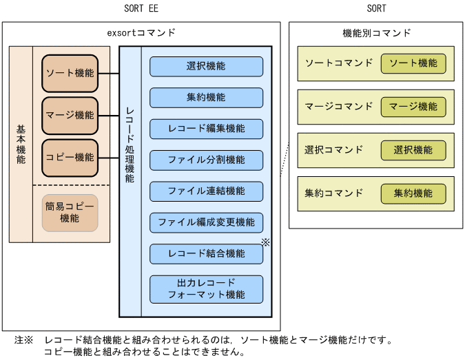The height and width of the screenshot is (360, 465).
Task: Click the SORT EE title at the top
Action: [141, 8]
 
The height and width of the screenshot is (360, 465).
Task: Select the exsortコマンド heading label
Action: [141, 32]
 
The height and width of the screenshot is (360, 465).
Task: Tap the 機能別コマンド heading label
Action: [376, 32]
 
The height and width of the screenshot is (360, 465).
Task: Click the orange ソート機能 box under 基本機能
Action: [70, 73]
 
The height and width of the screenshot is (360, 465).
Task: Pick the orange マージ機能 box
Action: [70, 115]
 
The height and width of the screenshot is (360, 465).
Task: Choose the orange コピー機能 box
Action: [70, 158]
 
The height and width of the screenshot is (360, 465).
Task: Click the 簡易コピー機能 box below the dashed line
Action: [70, 213]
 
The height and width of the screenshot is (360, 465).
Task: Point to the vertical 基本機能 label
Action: [21, 145]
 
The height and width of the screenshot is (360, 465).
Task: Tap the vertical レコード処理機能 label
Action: [130, 145]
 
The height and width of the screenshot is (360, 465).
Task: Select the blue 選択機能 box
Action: [206, 67]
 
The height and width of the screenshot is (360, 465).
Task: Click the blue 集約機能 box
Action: [206, 98]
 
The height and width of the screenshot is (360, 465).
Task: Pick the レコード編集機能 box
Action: [206, 129]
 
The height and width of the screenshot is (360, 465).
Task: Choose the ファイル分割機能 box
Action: [206, 160]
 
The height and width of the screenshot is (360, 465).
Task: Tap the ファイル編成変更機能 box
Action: [206, 222]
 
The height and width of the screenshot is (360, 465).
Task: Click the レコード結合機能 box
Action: [206, 253]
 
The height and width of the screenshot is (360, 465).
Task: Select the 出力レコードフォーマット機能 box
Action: [206, 289]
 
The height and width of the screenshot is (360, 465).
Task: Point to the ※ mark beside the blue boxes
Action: [265, 242]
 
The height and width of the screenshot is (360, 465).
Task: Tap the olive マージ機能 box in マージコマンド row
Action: [413, 107]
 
